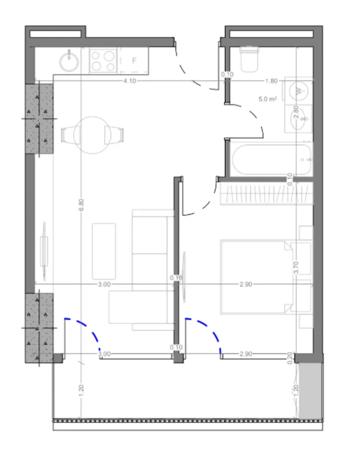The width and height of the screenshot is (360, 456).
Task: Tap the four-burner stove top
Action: click(103, 61)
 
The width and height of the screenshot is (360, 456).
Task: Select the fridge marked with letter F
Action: click(133, 61)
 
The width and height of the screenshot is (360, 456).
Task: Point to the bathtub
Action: click(271, 159)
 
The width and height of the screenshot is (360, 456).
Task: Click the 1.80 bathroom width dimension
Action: click(271, 81)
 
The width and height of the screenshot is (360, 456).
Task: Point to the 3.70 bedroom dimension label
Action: click(296, 267)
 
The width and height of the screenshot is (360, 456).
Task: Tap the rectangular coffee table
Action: click(104, 251)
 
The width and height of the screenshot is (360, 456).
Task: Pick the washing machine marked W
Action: click(299, 91)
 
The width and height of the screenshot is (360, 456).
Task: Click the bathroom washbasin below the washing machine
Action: click(299, 118)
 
